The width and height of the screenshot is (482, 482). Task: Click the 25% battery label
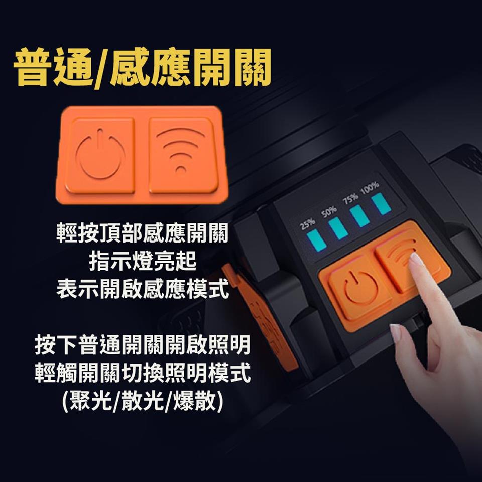pos(308,224)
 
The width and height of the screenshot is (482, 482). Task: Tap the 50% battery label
pos(329,212)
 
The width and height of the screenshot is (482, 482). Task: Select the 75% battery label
pos(350,199)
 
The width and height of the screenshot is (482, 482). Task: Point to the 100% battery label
pos(370,188)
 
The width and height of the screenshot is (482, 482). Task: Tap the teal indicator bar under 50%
pos(338,228)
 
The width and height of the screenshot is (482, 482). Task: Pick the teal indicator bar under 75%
pos(359,216)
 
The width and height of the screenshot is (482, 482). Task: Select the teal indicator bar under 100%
pos(381,203)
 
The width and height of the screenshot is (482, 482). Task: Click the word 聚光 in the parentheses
pos(90,401)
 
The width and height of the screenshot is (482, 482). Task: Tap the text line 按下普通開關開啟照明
pos(142,345)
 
